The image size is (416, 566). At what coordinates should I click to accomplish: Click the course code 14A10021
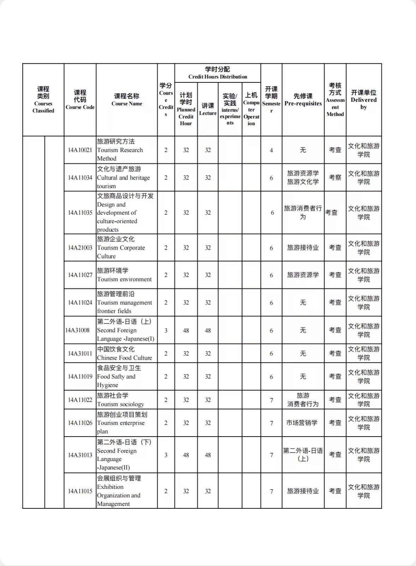tap(80, 150)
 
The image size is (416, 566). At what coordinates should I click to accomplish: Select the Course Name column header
tap(127, 100)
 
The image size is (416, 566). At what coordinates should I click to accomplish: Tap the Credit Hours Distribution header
tap(218, 73)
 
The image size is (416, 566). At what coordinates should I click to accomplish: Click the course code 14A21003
tap(80, 247)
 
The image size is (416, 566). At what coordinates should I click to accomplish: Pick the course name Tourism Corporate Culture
tap(121, 247)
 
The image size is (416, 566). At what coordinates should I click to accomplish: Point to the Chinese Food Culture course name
tap(124, 353)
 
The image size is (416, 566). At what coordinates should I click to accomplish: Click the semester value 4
tap(271, 150)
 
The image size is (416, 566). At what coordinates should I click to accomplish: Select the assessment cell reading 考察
tap(335, 177)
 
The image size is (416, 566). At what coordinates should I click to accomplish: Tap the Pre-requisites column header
tap(303, 100)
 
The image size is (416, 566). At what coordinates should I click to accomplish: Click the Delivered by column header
tap(363, 100)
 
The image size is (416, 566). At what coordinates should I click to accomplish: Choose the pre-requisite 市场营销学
tap(302, 423)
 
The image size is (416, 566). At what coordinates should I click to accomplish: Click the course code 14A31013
tap(80, 455)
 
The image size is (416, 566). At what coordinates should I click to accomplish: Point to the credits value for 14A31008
tap(166, 331)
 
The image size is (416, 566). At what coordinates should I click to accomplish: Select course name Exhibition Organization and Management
tap(119, 491)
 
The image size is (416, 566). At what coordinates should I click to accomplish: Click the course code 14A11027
tap(80, 275)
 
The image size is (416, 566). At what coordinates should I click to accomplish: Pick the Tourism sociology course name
tap(120, 400)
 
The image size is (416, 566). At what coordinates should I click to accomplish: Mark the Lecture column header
tap(208, 109)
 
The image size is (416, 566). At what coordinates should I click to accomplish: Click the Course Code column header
tap(80, 100)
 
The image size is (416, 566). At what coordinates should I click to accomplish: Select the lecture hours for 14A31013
tap(208, 455)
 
